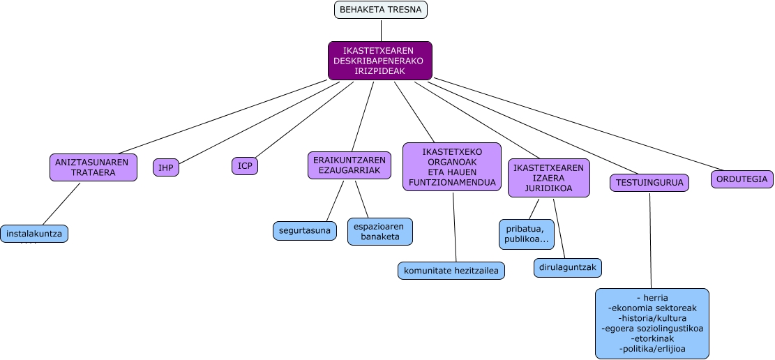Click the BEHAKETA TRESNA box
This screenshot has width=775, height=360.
click(380, 10)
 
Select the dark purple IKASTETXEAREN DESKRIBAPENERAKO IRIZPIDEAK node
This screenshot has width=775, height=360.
click(379, 61)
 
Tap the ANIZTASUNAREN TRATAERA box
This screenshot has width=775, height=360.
click(93, 167)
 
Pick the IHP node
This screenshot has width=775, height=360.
click(166, 167)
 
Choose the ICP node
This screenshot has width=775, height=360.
click(245, 166)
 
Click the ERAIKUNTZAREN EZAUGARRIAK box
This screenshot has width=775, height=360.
click(349, 165)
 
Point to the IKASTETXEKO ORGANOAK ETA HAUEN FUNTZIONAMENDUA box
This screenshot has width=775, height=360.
click(452, 166)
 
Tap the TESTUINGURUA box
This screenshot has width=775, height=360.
click(649, 183)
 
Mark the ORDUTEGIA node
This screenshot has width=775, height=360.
click(742, 179)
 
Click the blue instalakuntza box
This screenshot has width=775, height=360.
click(34, 234)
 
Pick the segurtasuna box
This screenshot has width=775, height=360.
click(304, 230)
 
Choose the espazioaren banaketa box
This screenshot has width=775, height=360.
click(380, 232)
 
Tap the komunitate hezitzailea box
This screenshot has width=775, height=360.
click(451, 270)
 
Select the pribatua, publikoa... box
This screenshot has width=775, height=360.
click(526, 233)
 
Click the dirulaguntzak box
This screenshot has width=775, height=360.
click(568, 267)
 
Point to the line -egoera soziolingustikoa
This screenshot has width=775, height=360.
click(652, 328)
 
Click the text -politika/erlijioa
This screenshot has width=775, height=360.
click(652, 348)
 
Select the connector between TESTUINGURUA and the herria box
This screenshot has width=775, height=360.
click(650, 241)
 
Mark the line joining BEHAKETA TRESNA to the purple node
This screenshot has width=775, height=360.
click(381, 30)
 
